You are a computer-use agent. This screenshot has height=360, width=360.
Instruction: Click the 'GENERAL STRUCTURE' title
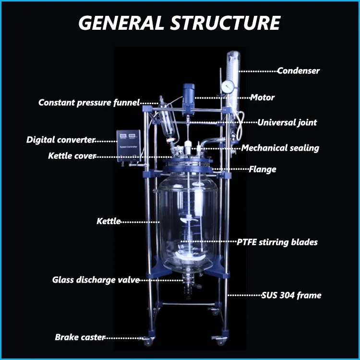[x=180, y=23]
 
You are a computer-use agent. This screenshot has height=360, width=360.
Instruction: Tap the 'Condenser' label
[x=298, y=71]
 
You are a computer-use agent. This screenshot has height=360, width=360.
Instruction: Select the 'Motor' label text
[x=262, y=97]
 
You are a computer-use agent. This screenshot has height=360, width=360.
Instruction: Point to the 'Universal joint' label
[x=287, y=122]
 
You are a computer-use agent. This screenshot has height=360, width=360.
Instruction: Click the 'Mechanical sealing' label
[x=280, y=148]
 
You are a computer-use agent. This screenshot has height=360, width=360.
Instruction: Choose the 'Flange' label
[x=262, y=169]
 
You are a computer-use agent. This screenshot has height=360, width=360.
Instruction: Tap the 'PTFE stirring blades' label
[x=277, y=242]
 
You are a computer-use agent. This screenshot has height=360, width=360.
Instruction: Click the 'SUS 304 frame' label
[x=291, y=295]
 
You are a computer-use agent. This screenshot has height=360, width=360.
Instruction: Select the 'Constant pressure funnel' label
[x=89, y=102]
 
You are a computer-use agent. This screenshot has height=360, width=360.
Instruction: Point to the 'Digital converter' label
[x=60, y=140]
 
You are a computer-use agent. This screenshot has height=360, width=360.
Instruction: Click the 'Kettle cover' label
[x=72, y=156]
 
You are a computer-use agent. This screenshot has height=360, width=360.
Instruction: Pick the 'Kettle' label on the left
[x=108, y=221]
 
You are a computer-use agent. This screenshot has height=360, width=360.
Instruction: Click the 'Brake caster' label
[x=80, y=337]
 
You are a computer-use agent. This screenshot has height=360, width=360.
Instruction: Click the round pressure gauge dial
[x=228, y=86]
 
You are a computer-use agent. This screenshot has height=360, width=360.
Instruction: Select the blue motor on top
[x=188, y=94]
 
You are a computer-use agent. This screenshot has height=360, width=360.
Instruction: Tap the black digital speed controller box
[x=129, y=143]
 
